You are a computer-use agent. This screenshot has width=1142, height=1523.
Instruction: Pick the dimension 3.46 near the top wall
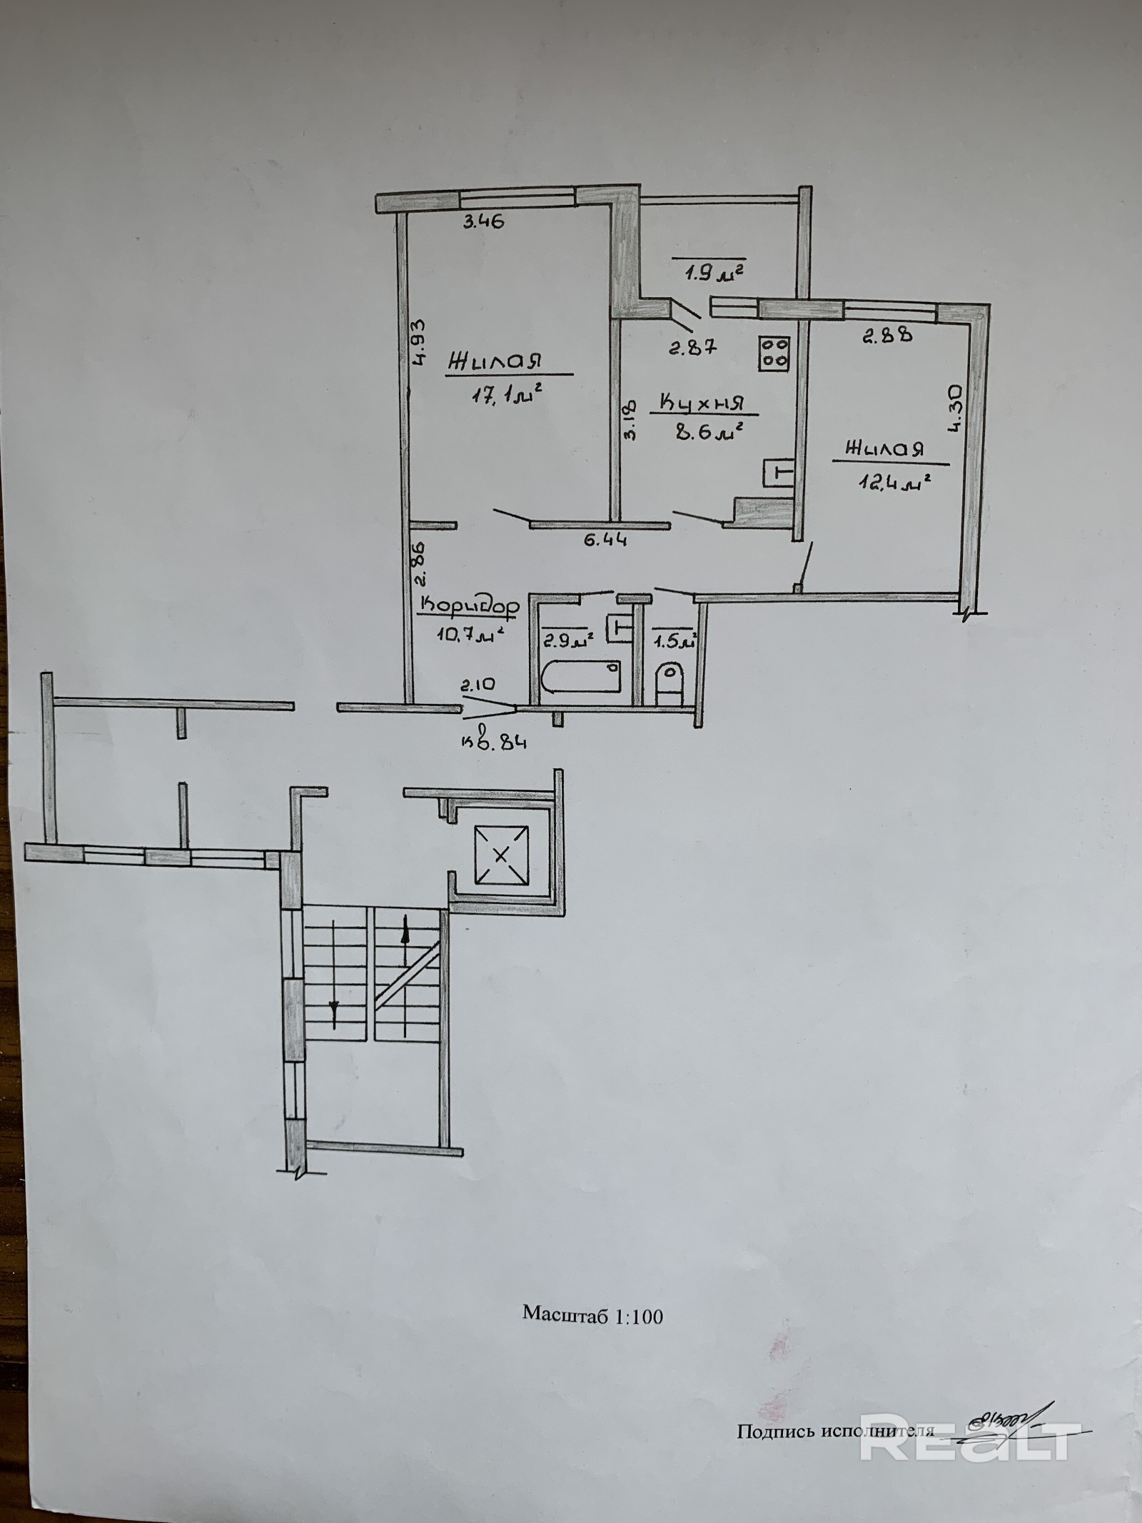[x=482, y=221]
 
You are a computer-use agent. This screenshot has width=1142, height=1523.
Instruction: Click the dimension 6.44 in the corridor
[x=605, y=541]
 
